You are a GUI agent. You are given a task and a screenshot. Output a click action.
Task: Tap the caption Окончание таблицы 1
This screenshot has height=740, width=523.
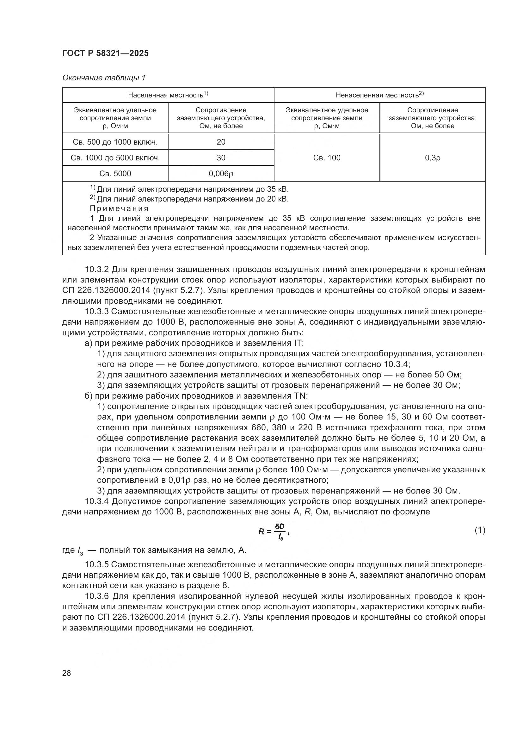pos(104,78)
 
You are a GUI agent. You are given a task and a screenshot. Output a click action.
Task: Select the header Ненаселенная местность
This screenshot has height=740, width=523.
pos(379,95)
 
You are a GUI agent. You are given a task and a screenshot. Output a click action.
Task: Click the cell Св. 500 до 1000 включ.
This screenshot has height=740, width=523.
pos(115,142)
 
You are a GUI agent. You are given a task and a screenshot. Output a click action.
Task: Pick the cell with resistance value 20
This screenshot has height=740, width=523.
pos(221,142)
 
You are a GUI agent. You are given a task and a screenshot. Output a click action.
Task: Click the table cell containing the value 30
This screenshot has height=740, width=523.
pos(221,158)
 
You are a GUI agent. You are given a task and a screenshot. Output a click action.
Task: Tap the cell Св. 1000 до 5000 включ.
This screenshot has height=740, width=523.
pos(115,158)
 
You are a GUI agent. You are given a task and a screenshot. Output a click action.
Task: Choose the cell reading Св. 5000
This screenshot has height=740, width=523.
pos(115,174)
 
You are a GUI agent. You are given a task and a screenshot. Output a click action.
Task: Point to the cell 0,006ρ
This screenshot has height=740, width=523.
pos(221,174)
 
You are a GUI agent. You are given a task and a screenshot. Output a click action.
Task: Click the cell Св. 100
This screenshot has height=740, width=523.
pos(327,158)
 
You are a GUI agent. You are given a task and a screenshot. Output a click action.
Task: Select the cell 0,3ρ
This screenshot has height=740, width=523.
pos(433,158)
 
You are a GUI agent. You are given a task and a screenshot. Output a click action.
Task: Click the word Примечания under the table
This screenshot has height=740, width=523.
pos(119,208)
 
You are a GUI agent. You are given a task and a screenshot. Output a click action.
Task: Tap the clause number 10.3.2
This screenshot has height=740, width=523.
pos(97,270)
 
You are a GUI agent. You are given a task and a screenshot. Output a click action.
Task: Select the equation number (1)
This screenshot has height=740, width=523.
pos(480,530)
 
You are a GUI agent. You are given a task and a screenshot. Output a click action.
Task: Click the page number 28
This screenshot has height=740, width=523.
pos(67,673)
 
